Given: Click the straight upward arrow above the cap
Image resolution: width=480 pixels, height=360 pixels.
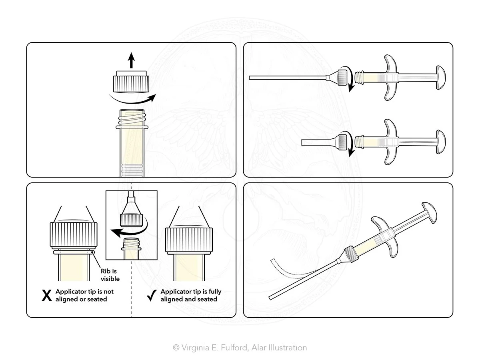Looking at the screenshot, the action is (131, 60).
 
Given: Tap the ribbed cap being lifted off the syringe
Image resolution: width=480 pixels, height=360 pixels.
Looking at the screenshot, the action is (131, 82).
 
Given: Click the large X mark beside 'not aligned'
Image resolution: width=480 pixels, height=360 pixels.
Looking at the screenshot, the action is (46, 296).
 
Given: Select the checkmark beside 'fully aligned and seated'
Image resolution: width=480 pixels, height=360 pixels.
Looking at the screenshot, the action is (152, 295).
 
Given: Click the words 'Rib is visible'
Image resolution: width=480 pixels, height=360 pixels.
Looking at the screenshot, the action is (110, 275).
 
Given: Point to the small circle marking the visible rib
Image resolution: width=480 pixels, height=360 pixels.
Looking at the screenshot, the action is (93, 252).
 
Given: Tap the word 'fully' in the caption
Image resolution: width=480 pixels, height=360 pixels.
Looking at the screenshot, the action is (215, 292).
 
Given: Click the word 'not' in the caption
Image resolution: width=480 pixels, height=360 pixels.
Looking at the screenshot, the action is (108, 292).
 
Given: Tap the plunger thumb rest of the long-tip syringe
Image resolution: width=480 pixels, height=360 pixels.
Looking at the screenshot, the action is (441, 77).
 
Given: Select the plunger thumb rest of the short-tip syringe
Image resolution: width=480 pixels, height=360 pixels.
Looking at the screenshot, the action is (441, 142).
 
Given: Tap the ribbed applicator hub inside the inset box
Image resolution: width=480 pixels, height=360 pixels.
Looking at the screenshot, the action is (131, 220).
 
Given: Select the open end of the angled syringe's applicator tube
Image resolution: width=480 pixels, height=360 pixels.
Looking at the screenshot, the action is (271, 298).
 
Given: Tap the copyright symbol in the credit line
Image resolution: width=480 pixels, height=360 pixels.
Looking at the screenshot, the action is (176, 348).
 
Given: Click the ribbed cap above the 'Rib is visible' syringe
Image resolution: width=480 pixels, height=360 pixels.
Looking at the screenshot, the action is (74, 234).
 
